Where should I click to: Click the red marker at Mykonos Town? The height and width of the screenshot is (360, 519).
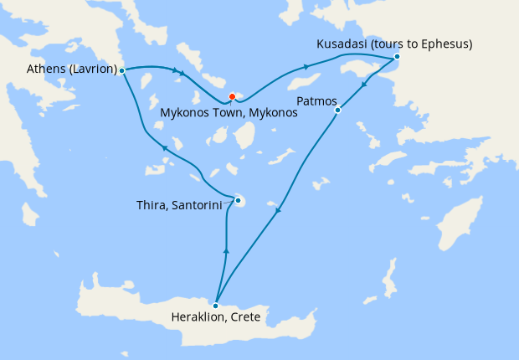point(232,96)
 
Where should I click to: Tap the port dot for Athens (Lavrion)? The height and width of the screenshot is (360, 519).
point(122,70)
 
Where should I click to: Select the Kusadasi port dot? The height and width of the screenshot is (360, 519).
point(397,57)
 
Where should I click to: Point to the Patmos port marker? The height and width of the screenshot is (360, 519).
point(337,110)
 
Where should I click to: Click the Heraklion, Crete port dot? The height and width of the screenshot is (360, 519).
point(216,304)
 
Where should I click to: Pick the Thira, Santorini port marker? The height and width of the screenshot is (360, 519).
point(239,200)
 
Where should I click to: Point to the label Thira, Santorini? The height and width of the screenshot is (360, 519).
point(178,204)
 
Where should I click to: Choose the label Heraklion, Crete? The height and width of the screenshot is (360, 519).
point(217,317)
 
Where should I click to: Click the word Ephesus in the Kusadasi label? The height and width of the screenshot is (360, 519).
point(444,43)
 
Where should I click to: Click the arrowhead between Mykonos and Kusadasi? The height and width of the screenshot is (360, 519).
point(306,67)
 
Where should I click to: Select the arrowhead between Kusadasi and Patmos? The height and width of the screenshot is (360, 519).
point(364,85)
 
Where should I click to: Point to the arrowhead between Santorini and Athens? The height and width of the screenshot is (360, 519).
point(165,147)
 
